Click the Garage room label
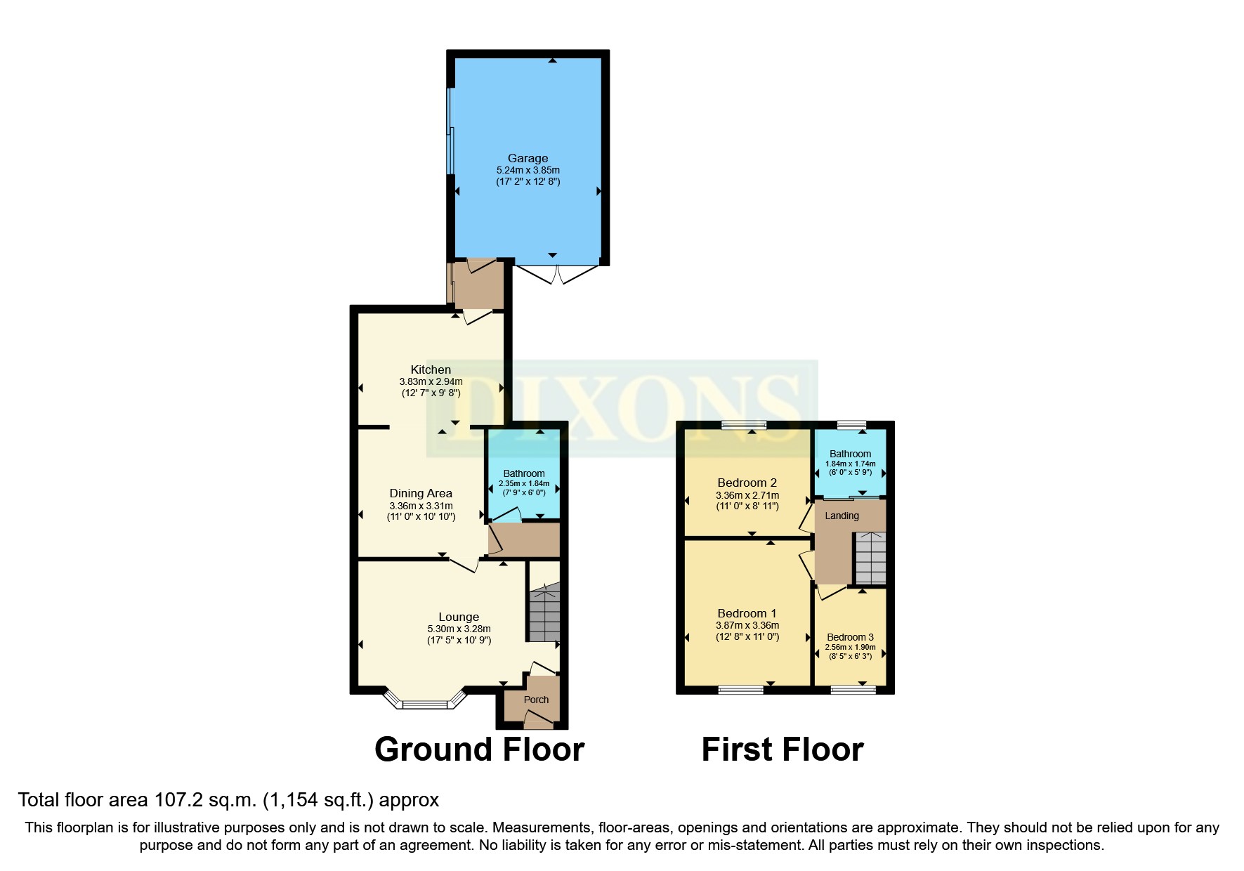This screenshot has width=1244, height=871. coord(528,159)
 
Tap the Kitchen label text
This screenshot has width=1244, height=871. coord(431,369)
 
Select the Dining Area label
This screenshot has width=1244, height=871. coord(421,494)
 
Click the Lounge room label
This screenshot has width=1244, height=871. coord(459,617)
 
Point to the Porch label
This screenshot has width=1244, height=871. coord(536,700)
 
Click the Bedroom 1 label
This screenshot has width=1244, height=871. coord(747,613)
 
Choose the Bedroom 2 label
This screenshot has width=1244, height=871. coord(747,483)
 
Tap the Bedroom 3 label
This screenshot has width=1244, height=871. coord(850,637)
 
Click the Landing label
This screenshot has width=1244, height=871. coord(842,516)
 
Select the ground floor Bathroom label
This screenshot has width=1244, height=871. coord(524,473)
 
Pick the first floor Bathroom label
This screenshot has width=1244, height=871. coord(850,454)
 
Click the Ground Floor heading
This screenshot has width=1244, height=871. coord(479,749)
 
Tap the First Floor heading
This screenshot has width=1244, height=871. coord(783,749)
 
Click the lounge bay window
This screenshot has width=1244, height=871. coord(425,702)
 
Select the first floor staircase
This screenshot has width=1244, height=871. coord(870,558)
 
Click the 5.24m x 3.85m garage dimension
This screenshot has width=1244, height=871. coord(528,170)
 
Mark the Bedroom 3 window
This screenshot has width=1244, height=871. coord(853,690)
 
